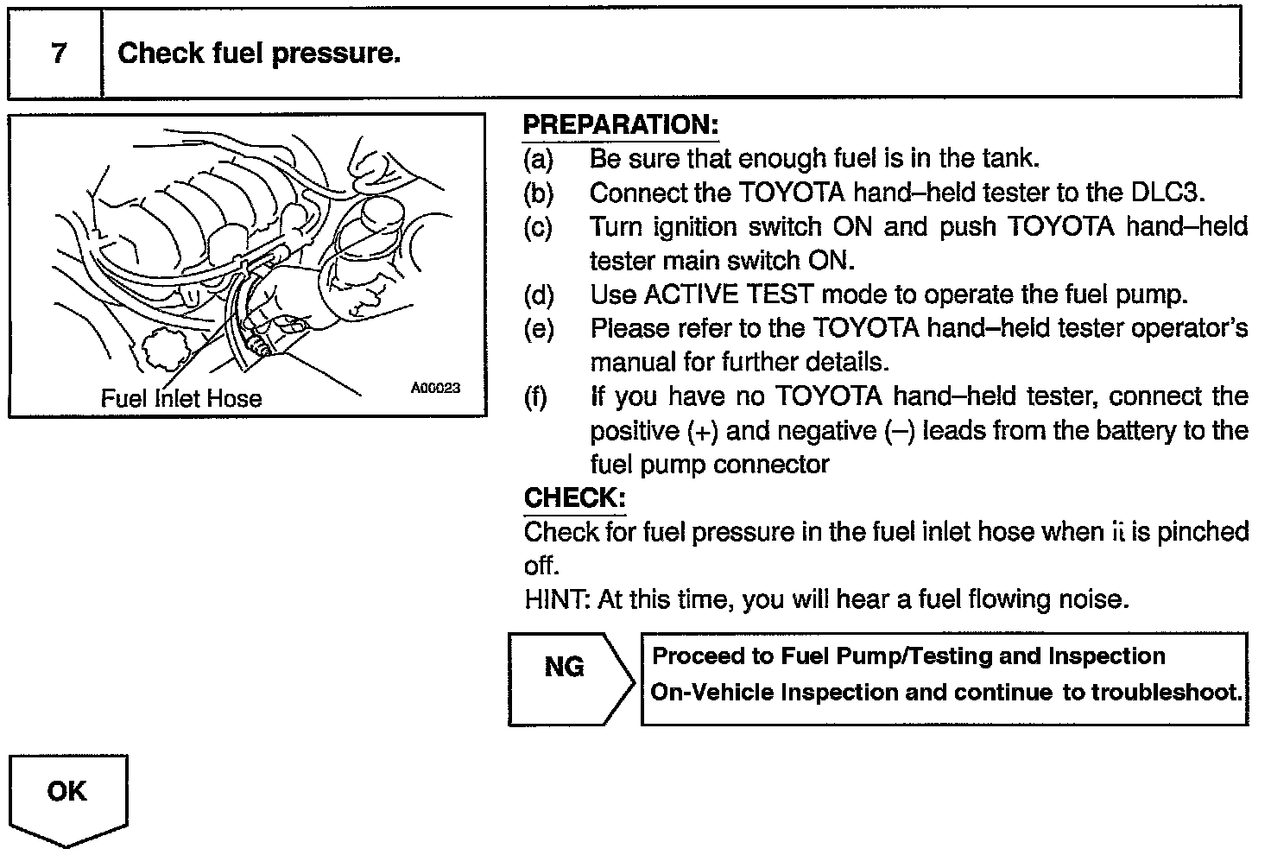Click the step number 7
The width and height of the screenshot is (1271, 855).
[x=59, y=54]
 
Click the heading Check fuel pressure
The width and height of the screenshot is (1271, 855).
[x=259, y=54]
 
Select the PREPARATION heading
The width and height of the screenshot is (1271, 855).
[x=621, y=124]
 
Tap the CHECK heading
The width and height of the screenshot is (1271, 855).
[x=575, y=497]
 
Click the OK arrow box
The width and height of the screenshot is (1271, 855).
[x=68, y=799]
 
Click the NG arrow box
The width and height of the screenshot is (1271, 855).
[x=571, y=679]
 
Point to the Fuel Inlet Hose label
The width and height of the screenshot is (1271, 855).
[x=181, y=399]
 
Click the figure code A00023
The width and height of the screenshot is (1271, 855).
[x=435, y=388]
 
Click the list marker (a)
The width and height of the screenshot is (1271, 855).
[x=538, y=160]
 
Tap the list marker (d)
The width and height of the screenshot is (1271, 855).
[x=539, y=295]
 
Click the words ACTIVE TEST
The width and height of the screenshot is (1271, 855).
[x=729, y=294]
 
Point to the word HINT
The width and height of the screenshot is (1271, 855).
[x=558, y=599]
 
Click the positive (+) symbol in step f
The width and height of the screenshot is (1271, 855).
[x=703, y=431]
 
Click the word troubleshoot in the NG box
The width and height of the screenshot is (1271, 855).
[x=1153, y=692]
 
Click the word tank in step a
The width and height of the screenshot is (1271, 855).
[x=1010, y=158]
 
